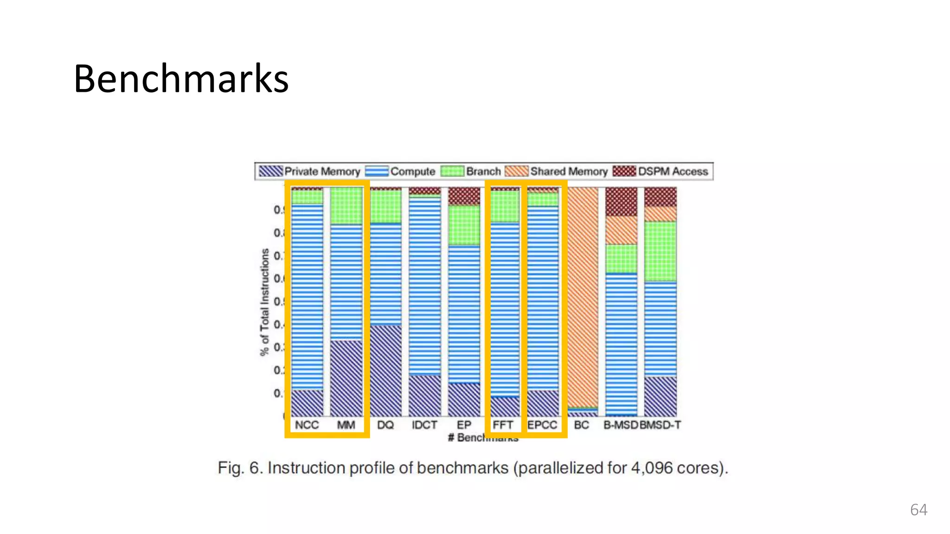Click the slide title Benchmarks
181,78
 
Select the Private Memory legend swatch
270,171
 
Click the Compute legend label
412,172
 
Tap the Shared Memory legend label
569,172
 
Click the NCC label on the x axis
307,425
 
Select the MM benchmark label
346,425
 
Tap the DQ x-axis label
385,425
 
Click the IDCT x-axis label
424,425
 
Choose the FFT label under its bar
503,425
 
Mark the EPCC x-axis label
542,425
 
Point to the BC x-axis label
581,425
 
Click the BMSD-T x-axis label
661,425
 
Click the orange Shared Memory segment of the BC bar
583,297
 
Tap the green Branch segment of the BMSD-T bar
661,251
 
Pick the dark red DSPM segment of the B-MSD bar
621,202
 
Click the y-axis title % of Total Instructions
264,302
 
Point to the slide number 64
918,510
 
